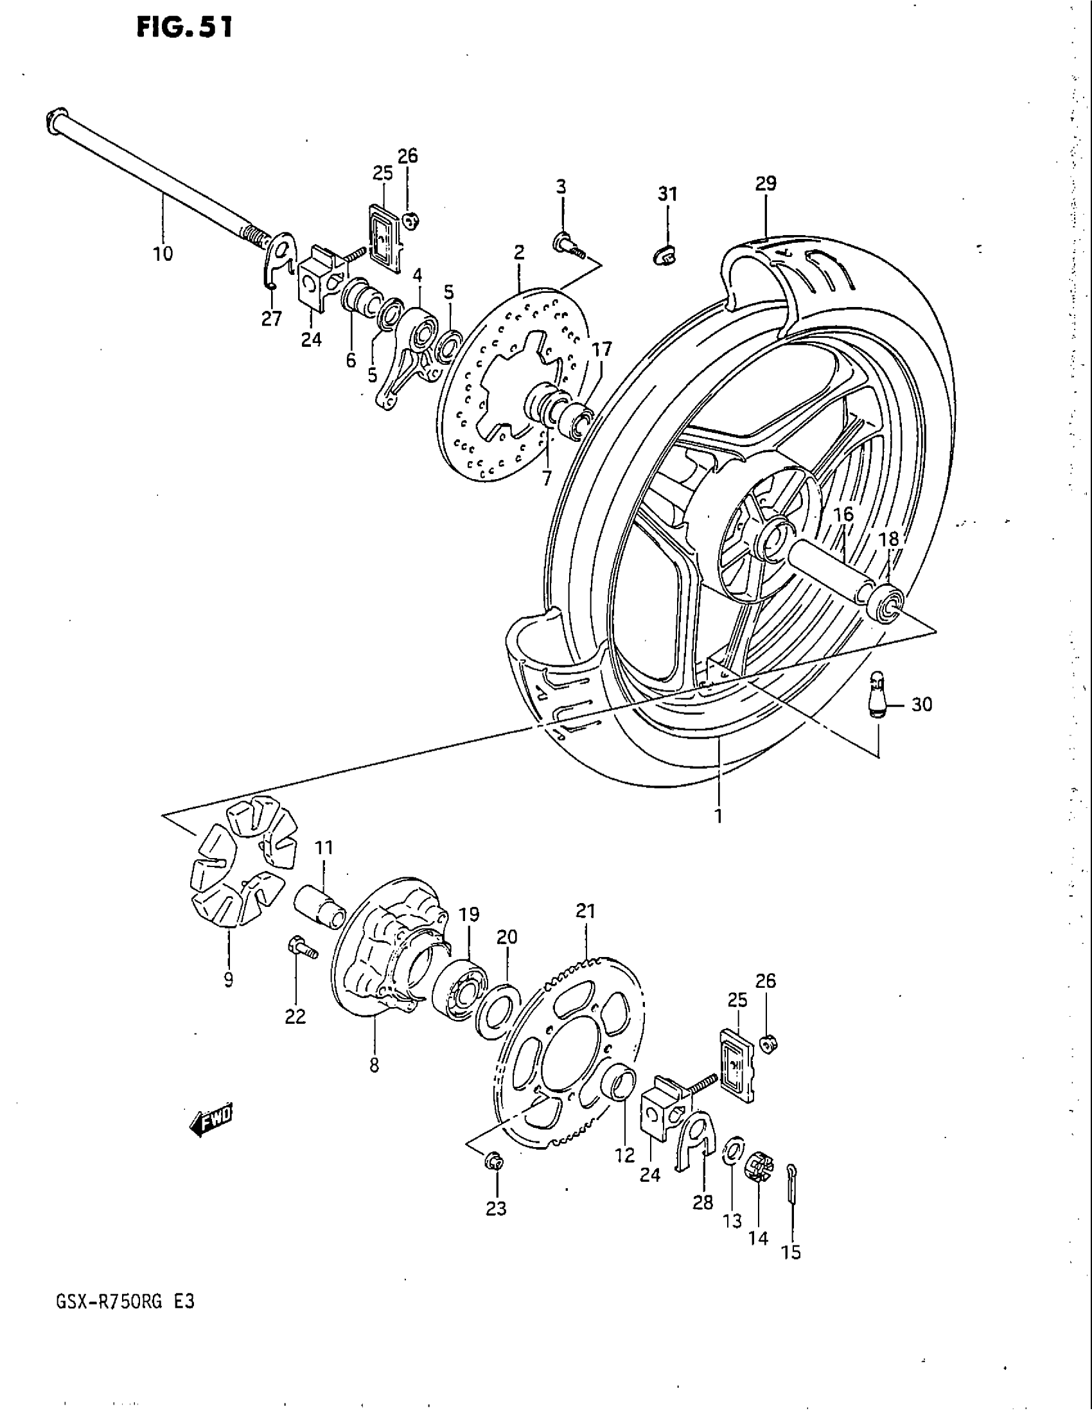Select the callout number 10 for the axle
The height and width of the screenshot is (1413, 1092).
(163, 254)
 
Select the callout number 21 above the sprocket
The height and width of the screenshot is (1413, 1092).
(585, 911)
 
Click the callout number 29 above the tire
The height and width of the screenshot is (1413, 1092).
(765, 184)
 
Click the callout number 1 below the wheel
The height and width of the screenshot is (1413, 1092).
(719, 816)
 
